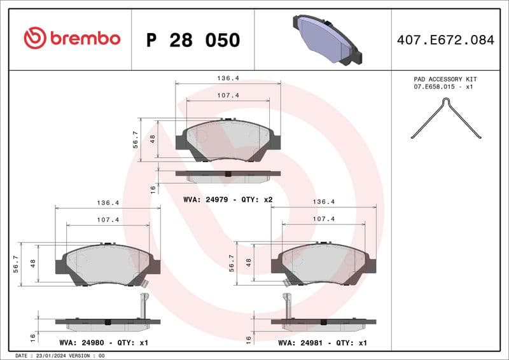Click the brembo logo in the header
(72, 38)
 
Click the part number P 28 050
(193, 40)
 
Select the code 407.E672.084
(445, 40)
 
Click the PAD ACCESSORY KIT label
(445, 79)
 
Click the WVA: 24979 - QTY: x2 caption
(228, 200)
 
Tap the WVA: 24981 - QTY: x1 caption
(323, 343)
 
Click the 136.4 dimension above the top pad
(228, 78)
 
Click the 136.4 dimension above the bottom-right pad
(323, 202)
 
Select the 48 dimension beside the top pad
(152, 138)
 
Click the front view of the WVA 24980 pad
(108, 263)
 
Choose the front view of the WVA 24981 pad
(323, 263)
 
